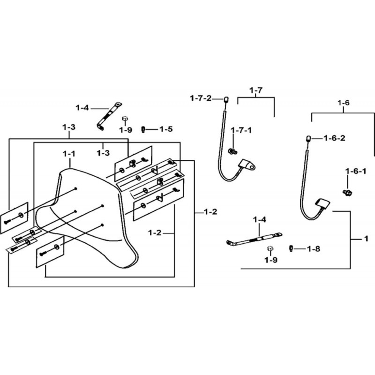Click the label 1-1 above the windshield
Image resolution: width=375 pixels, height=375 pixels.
pos(69,154)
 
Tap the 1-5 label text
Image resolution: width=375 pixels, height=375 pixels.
pos(166,129)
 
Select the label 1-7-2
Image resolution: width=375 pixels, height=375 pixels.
pos(201,98)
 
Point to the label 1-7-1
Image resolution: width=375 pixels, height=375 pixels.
pos(241,130)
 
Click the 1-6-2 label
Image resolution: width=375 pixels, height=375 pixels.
pos(334,138)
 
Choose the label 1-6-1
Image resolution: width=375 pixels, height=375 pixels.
pos(356,171)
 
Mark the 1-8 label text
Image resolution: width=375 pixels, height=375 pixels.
pos(314,249)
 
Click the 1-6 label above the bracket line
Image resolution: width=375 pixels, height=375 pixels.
pos(344,103)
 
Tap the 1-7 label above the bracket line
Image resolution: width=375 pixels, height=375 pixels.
pos(256,90)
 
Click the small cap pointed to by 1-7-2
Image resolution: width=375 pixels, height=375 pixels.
pos(226,99)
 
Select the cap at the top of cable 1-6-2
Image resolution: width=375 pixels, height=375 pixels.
pos(309,139)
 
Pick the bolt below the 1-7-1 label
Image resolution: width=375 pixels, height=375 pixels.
pos(232,151)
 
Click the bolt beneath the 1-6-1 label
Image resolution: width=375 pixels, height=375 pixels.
pos(347,192)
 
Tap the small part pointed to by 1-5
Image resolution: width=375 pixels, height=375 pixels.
pos(143,130)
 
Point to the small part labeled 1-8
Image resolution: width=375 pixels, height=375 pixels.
pos(291,248)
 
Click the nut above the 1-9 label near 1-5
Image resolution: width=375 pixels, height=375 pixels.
pos(124,119)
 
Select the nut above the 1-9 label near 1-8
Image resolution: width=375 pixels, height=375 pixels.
pos(270,248)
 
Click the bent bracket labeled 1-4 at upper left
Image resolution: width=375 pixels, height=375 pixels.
pos(108,116)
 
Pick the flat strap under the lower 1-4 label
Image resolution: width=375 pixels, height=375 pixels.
pos(254,240)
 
